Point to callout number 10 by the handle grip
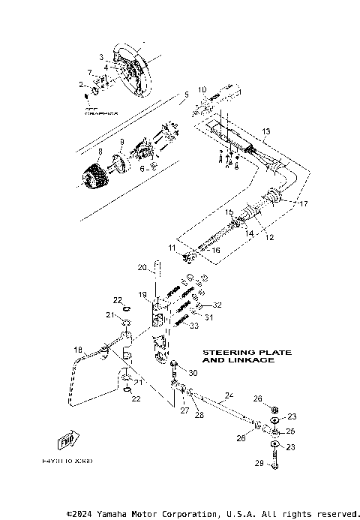pyautogui.click(x=201, y=90)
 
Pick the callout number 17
pyautogui.click(x=304, y=203)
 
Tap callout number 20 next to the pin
pyautogui.click(x=141, y=267)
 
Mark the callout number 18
pyautogui.click(x=78, y=350)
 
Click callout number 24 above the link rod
pyautogui.click(x=230, y=395)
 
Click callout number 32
pyautogui.click(x=217, y=305)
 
